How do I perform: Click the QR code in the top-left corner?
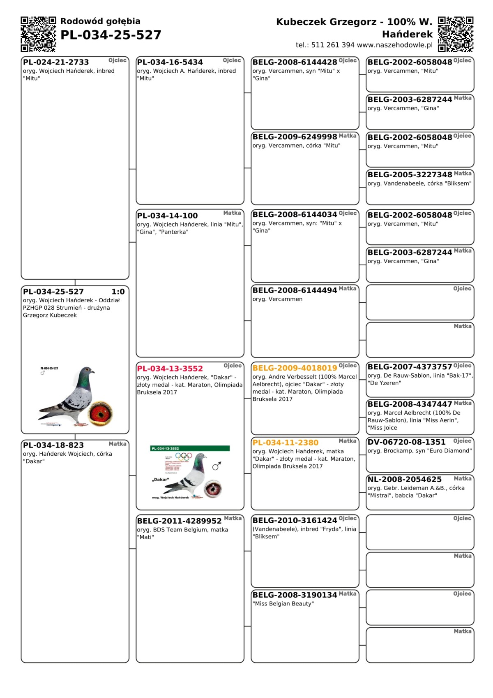(x=38, y=34)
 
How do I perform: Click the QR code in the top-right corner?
(x=455, y=34)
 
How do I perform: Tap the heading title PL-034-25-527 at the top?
(x=111, y=35)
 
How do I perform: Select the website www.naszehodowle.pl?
(x=394, y=45)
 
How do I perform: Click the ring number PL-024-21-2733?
(x=56, y=62)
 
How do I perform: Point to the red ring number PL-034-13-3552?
(x=170, y=369)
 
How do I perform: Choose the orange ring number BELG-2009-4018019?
(x=295, y=368)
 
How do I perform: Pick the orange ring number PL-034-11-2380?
(x=285, y=443)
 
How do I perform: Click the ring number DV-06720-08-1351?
(x=406, y=442)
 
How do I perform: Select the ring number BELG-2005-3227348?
(x=410, y=174)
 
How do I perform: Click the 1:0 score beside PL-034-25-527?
(x=118, y=292)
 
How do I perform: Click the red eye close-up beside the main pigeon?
(x=100, y=413)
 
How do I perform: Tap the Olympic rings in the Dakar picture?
(x=183, y=456)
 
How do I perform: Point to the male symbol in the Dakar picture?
(x=217, y=466)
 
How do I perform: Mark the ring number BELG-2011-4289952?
(x=179, y=521)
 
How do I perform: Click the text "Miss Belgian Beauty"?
(x=283, y=604)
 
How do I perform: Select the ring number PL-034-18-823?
(x=53, y=445)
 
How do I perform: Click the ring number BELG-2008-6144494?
(x=295, y=290)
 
